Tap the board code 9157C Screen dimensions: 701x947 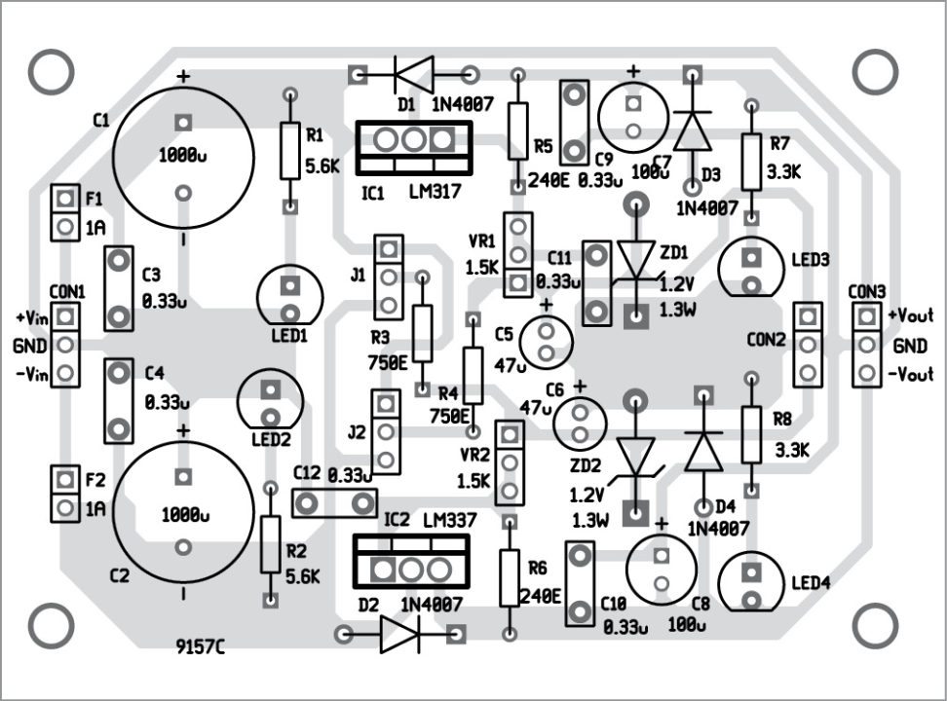(201, 646)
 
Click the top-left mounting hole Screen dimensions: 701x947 (51, 71)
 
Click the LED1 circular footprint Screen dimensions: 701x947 (289, 297)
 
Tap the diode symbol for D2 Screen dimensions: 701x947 (399, 635)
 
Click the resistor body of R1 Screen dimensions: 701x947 (289, 151)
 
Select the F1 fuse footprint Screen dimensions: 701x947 (64, 213)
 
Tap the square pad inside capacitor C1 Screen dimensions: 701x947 (181, 123)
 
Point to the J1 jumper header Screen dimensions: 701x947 (388, 276)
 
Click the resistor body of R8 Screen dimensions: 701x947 (750, 434)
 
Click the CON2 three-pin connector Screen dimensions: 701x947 (808, 343)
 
